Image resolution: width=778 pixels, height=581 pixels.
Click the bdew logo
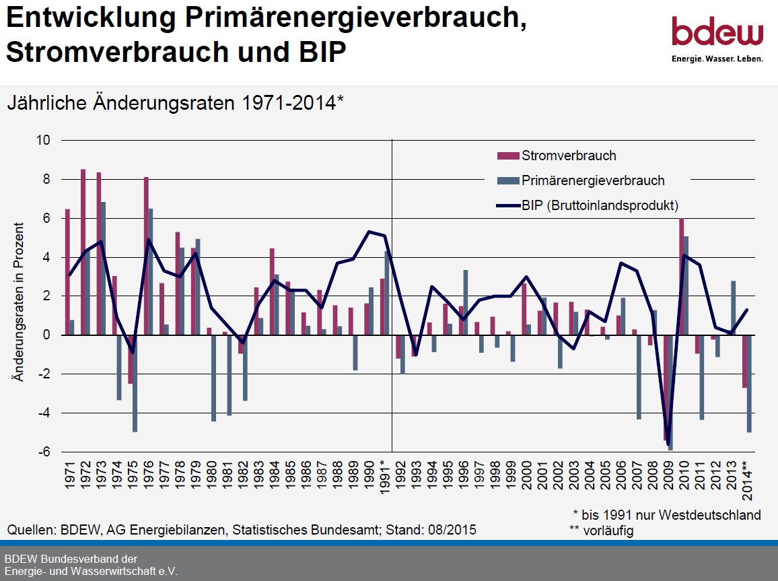pyautogui.click(x=717, y=39)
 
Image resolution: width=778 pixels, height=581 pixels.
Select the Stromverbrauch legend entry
pyautogui.click(x=569, y=156)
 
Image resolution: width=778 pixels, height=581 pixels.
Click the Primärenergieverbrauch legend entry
pyautogui.click(x=593, y=180)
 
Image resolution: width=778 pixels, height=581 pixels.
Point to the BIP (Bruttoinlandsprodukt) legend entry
pyautogui.click(x=600, y=205)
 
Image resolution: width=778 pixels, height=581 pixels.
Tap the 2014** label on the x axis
pyautogui.click(x=748, y=479)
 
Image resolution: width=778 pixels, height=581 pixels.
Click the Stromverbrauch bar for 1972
pyautogui.click(x=83, y=252)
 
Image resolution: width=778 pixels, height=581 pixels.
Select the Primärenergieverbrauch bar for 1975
pyautogui.click(x=135, y=383)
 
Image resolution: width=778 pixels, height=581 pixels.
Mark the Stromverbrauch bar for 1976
pyautogui.click(x=146, y=256)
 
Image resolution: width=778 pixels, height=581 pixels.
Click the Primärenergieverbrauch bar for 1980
pyautogui.click(x=214, y=378)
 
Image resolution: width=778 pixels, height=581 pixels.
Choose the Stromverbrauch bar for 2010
pyautogui.click(x=682, y=277)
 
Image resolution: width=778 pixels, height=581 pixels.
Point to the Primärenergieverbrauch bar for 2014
pyautogui.click(x=749, y=383)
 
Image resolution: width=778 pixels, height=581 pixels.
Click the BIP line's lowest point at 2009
pyautogui.click(x=668, y=444)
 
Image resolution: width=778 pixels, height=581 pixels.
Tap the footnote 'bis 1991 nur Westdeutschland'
pyautogui.click(x=666, y=515)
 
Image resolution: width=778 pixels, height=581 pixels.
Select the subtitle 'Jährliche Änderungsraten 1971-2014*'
pyautogui.click(x=175, y=103)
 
